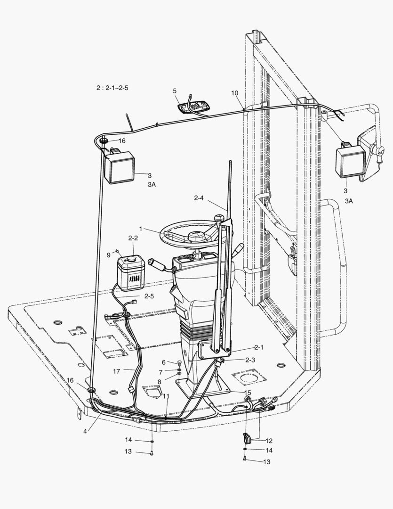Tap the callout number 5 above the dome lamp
coord(175,91)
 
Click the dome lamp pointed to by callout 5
coord(194,107)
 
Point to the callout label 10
coord(235,93)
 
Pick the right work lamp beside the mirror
coord(350,161)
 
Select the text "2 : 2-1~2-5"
coord(112,88)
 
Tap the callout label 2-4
coord(199,197)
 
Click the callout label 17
coord(117,371)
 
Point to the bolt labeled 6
coord(179,362)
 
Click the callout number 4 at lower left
coord(85,431)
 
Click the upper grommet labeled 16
coord(104,140)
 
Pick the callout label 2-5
coord(149,296)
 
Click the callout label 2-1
coord(259,348)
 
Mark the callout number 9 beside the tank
coord(109,255)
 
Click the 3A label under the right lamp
coord(349,201)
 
